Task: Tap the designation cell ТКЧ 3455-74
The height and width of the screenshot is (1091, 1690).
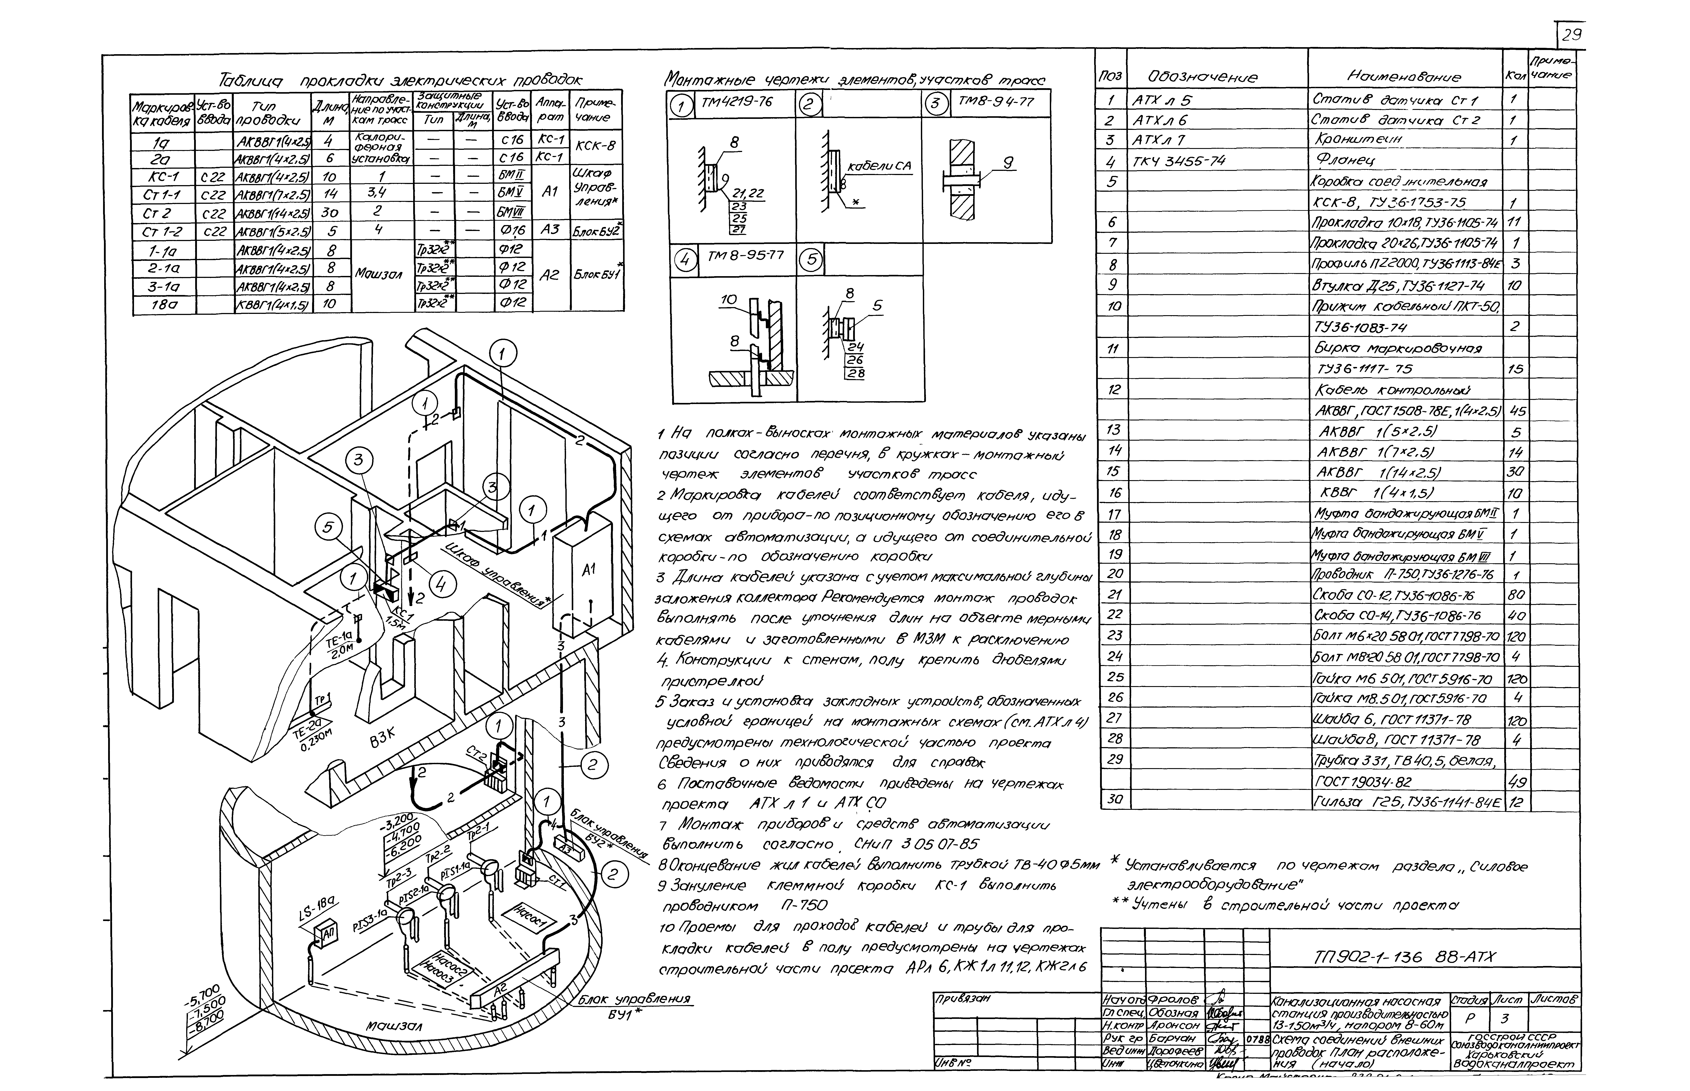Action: [1178, 161]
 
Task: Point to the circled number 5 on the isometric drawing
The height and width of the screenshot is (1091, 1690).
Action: [328, 528]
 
